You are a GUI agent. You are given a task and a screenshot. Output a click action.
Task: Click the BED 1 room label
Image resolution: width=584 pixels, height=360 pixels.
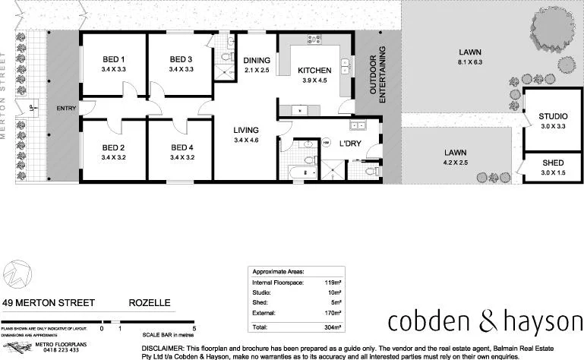tap(113, 59)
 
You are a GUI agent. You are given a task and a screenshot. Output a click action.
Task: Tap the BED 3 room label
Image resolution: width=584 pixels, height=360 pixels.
tap(181, 59)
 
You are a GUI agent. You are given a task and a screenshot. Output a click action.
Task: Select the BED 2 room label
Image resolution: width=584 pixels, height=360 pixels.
tap(113, 147)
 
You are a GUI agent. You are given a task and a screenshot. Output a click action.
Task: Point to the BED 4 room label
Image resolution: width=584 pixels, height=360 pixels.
tap(182, 147)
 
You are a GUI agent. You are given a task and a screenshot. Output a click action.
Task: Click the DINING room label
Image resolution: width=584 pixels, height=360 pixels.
tap(256, 60)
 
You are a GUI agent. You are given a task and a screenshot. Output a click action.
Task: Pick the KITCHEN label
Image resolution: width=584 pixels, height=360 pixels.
tap(314, 69)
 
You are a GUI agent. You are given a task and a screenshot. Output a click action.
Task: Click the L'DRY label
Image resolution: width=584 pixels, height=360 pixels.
tap(350, 144)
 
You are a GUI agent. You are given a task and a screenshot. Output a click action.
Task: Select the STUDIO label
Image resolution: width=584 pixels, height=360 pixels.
tap(553, 116)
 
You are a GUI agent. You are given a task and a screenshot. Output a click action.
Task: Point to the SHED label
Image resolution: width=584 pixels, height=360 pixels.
tap(553, 163)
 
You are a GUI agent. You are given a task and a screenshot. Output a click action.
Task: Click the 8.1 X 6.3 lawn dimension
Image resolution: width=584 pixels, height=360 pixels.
tap(471, 62)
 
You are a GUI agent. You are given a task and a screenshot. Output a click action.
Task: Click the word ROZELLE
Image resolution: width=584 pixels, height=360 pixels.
tap(150, 302)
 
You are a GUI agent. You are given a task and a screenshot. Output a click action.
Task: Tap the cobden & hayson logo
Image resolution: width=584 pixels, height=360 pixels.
tap(481, 322)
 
